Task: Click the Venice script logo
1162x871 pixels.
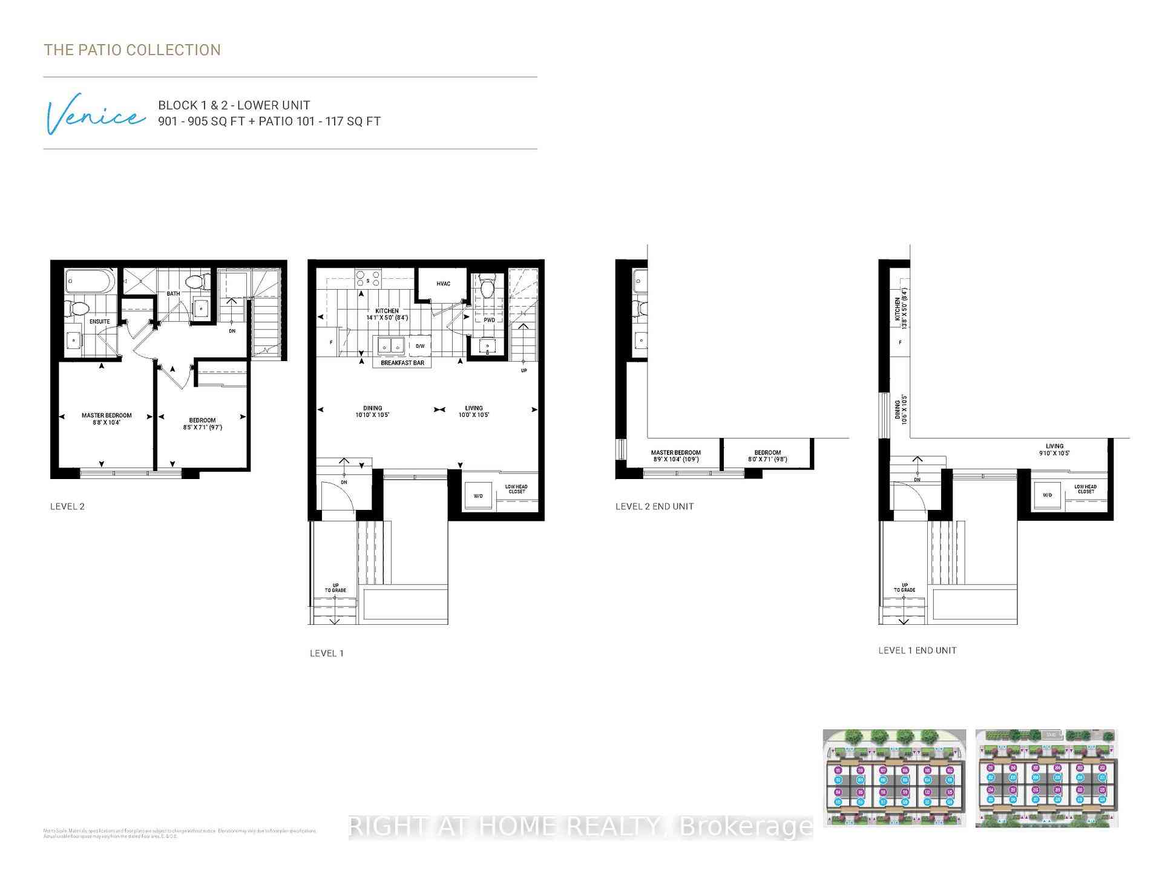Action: coord(96,115)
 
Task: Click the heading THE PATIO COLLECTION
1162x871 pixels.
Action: coord(132,50)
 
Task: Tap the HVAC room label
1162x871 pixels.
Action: coord(443,284)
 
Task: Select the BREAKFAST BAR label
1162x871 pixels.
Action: coord(402,363)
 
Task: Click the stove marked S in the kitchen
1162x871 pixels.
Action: coord(368,279)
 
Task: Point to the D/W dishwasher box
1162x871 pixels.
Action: coord(419,346)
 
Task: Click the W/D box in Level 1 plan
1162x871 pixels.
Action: coord(478,495)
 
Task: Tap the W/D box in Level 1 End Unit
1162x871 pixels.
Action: coord(1048,495)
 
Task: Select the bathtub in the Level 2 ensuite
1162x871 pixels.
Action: coord(90,281)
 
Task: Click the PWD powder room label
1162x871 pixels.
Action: coord(489,319)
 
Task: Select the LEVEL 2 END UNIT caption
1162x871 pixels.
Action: coord(654,506)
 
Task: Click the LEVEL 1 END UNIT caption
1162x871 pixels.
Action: coord(917,650)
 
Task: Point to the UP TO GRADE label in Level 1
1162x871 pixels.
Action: coord(335,587)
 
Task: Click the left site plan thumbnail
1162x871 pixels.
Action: coord(893,778)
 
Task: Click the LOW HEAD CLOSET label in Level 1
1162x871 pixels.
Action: coord(516,489)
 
